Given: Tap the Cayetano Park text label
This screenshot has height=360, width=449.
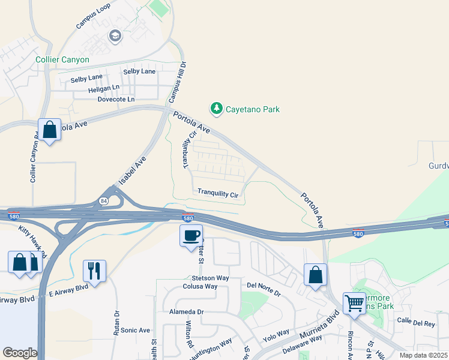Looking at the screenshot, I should pos(252,109).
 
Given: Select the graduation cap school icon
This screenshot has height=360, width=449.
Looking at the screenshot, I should pos(114,37).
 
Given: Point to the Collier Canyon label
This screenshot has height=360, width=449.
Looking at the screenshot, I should pos(62,59).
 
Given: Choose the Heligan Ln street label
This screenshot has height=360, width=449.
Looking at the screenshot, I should pos(103,88).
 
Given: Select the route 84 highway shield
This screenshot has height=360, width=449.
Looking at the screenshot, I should pos(104,200).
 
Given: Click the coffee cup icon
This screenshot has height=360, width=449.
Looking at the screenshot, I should pos(191,235).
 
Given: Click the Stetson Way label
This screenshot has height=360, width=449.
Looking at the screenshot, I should pos(210,278).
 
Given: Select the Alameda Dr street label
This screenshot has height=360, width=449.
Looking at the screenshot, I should pos(187,312).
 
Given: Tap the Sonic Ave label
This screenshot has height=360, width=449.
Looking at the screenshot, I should pos(135,330).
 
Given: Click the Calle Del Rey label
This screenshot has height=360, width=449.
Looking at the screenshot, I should pos(415,323).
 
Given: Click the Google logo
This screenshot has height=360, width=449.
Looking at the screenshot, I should pos(19,353).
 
